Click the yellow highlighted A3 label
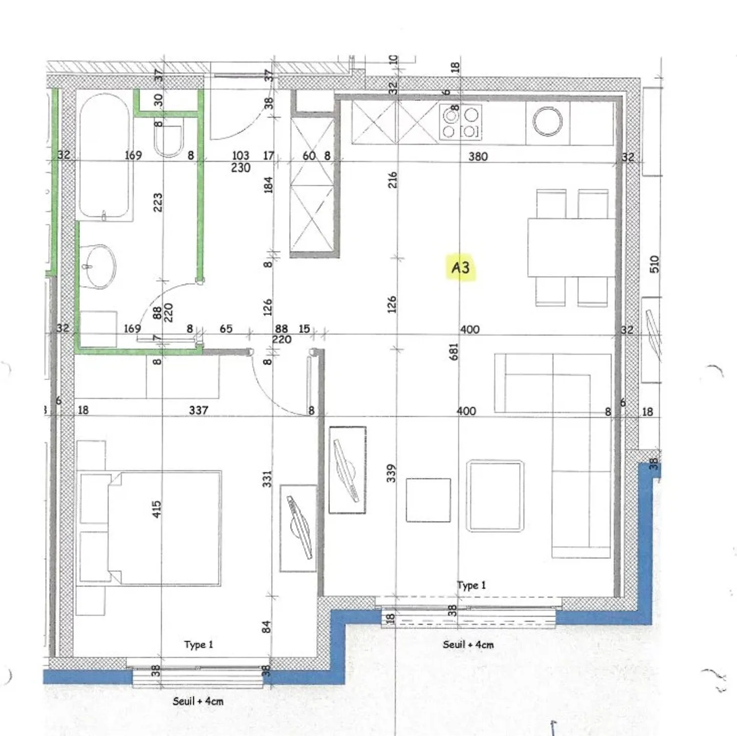point(461,268)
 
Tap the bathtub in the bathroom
point(104,156)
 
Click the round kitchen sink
point(547,122)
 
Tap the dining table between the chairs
point(571,248)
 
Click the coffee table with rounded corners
point(494,496)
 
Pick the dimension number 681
point(453,352)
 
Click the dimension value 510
point(654,264)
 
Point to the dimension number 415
point(157,509)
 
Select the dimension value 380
point(478,157)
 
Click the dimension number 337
point(199,410)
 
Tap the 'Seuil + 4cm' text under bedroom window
point(198,701)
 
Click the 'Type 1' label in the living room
point(471,585)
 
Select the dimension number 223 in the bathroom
point(158,202)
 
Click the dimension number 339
point(391,473)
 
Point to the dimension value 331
point(267,479)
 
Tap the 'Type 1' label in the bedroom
point(199,644)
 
